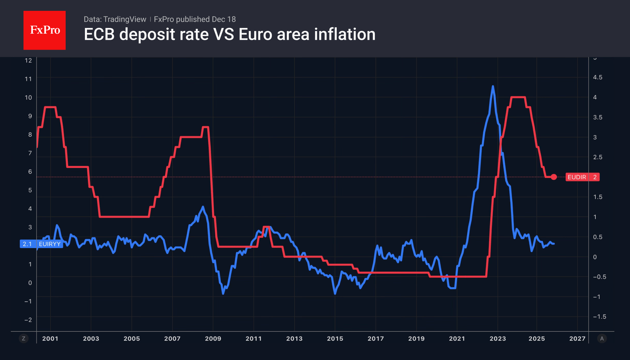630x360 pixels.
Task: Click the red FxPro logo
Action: pyautogui.click(x=45, y=30)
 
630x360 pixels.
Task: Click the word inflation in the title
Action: pyautogui.click(x=345, y=34)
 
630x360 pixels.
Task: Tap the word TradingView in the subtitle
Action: pyautogui.click(x=124, y=19)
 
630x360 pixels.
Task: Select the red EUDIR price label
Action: pyautogui.click(x=582, y=177)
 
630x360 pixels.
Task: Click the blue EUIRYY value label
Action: pyautogui.click(x=41, y=244)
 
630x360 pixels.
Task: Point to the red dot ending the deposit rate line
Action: pyautogui.click(x=554, y=177)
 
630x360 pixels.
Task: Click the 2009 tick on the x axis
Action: pyautogui.click(x=213, y=338)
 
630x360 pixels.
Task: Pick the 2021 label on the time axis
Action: pyautogui.click(x=457, y=338)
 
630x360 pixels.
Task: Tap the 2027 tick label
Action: pyautogui.click(x=577, y=338)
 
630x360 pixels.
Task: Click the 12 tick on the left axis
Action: pyautogui.click(x=28, y=61)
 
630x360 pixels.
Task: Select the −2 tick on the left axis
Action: pyautogui.click(x=28, y=320)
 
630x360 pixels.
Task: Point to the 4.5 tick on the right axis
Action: pyautogui.click(x=597, y=77)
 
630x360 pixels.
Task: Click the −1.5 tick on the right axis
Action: pyautogui.click(x=599, y=316)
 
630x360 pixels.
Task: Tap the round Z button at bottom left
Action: pyautogui.click(x=23, y=339)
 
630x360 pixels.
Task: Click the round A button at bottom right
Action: pyautogui.click(x=602, y=339)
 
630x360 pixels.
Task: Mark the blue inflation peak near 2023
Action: pyautogui.click(x=493, y=87)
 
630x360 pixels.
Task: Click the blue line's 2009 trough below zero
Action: pyautogui.click(x=223, y=293)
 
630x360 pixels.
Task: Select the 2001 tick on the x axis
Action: pyautogui.click(x=50, y=338)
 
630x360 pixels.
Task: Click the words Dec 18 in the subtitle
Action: pyautogui.click(x=224, y=19)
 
